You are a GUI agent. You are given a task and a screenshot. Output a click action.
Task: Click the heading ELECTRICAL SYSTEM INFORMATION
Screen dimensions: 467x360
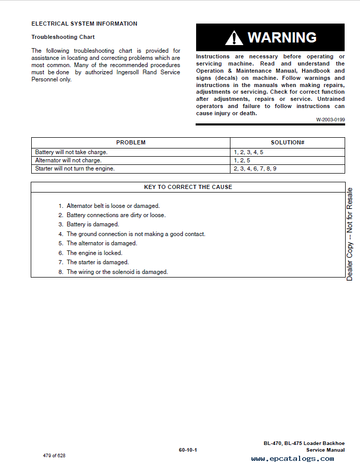84,24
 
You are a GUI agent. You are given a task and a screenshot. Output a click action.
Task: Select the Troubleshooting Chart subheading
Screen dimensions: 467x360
63,37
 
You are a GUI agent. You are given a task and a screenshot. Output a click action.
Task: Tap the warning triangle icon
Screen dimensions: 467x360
234,38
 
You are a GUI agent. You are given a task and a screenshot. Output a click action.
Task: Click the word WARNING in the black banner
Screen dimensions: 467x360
282,37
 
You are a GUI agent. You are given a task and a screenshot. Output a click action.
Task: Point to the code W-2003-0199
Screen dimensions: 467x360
330,120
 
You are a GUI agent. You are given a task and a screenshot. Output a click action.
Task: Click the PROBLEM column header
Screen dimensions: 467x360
131,142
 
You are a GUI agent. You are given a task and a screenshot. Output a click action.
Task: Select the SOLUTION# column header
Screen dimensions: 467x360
287,142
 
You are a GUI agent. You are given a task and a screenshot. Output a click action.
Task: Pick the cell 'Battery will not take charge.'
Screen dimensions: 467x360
71,152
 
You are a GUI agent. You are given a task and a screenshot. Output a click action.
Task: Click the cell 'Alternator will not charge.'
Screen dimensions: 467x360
68,160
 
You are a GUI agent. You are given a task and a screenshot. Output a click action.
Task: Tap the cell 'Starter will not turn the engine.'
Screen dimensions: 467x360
75,168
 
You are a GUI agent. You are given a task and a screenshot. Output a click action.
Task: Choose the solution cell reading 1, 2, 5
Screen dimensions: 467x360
242,160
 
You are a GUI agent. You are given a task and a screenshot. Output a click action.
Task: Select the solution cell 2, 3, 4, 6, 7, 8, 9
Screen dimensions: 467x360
255,168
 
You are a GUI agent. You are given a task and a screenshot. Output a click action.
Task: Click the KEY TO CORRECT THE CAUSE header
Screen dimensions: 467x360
188,187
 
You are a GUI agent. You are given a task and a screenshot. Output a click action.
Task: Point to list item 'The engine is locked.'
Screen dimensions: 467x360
94,253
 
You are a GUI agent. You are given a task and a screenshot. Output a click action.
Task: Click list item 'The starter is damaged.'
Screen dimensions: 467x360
97,262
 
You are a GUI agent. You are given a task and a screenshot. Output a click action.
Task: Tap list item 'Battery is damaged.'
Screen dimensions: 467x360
93,224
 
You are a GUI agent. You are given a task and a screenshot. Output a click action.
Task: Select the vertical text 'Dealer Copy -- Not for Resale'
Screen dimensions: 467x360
350,234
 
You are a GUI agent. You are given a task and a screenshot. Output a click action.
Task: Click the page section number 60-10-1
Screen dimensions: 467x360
188,450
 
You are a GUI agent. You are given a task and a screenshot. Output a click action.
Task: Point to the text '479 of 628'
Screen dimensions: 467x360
54,456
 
